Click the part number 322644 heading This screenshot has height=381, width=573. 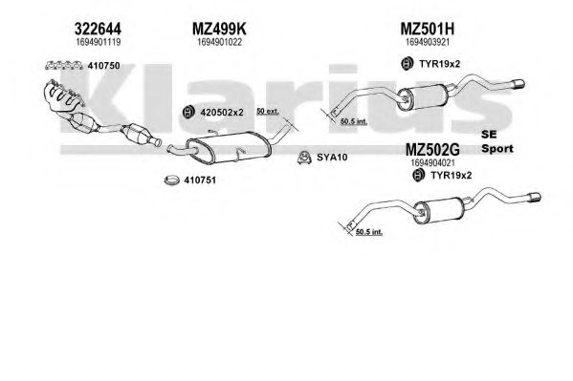click(x=98, y=29)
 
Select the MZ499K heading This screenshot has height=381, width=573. click(x=219, y=29)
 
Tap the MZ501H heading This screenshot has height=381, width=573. click(x=428, y=29)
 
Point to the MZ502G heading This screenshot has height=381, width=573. click(x=432, y=150)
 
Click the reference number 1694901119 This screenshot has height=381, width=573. click(x=98, y=42)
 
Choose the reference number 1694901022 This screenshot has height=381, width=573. click(x=219, y=42)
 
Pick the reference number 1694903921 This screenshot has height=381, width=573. click(x=428, y=42)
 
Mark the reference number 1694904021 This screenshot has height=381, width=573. click(x=432, y=162)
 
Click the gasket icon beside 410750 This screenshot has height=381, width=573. click(x=63, y=66)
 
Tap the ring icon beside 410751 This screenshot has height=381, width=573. click(x=172, y=180)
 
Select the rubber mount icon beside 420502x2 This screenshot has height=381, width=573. click(x=188, y=113)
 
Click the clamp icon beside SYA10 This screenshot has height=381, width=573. click(x=304, y=158)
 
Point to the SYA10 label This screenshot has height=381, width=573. click(x=332, y=158)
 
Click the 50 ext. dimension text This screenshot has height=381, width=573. click(x=268, y=111)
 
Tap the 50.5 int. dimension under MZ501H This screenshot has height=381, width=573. click(x=353, y=121)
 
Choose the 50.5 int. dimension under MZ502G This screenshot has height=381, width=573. click(x=368, y=231)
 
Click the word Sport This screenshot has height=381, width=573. click(x=497, y=149)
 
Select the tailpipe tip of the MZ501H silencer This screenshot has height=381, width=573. click(x=518, y=84)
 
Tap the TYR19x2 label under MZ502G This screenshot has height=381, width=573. click(x=451, y=176)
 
